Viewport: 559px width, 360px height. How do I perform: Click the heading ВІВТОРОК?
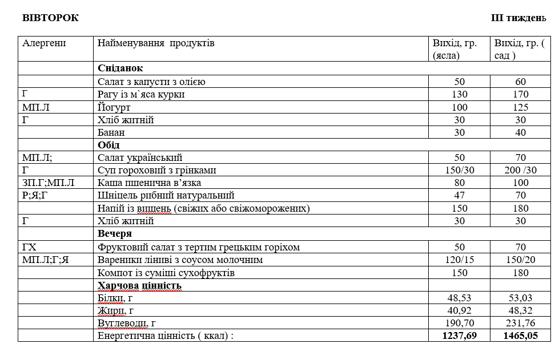(50, 18)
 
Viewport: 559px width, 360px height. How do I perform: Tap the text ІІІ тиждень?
(518, 18)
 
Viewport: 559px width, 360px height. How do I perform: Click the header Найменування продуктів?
(156, 43)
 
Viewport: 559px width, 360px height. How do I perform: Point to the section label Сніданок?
(120, 68)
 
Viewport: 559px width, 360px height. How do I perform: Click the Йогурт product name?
(114, 107)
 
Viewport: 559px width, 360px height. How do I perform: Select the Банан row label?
(111, 132)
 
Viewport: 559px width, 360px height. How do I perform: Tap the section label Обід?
(108, 145)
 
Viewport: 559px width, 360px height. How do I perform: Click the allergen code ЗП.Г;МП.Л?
(49, 183)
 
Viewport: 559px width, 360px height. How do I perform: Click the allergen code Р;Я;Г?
(35, 196)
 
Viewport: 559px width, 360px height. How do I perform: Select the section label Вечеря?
(115, 234)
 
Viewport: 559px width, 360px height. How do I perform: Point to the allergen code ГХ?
(29, 247)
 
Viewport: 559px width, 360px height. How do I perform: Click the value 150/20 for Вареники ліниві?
(520, 260)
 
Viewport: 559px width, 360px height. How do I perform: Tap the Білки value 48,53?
(459, 298)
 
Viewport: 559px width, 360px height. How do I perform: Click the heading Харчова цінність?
(139, 285)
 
